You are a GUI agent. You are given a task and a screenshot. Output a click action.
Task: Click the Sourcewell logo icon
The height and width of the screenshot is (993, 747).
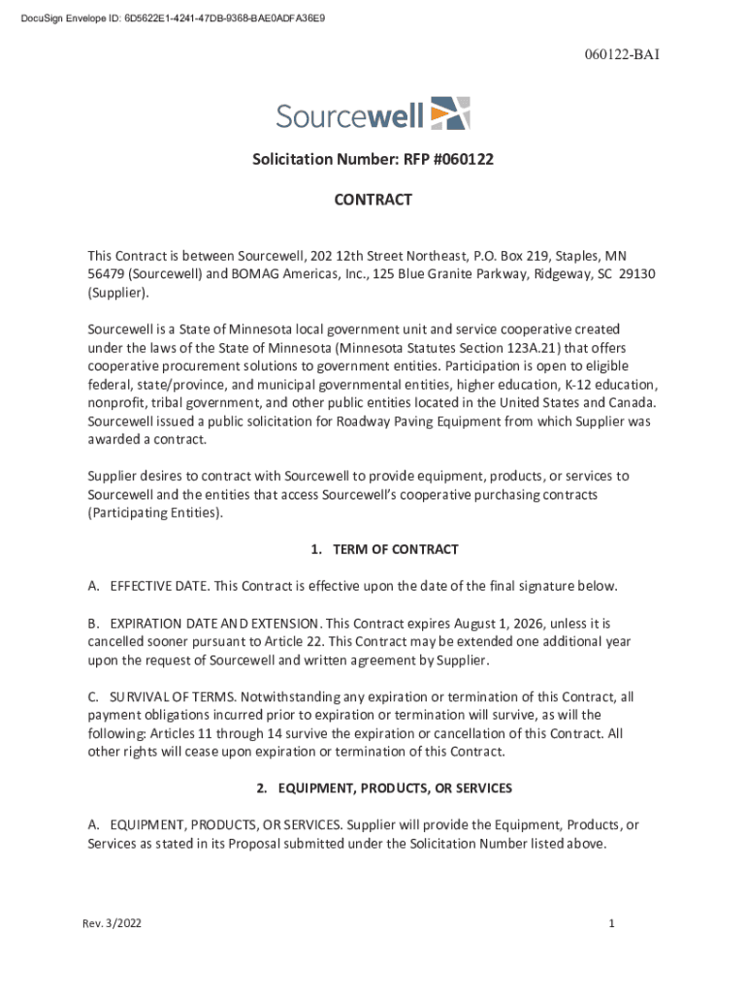(450, 112)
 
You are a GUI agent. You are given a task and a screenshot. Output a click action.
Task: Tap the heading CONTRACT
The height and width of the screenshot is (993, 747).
(373, 200)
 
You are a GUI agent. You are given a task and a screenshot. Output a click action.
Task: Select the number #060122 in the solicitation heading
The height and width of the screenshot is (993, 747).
(458, 159)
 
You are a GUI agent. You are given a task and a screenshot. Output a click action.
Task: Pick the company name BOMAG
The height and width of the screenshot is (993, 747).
(258, 273)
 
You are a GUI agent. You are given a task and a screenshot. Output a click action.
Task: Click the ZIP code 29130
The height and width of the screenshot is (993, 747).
(637, 273)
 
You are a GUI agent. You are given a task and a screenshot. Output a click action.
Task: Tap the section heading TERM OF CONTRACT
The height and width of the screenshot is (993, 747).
(395, 550)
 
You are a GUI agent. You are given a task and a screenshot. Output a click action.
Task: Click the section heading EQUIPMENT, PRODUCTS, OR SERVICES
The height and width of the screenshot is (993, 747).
(394, 788)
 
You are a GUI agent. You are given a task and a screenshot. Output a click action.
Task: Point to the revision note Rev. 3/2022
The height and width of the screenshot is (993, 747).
(113, 924)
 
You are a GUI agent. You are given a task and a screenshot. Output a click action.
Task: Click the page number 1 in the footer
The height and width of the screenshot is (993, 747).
(612, 924)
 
